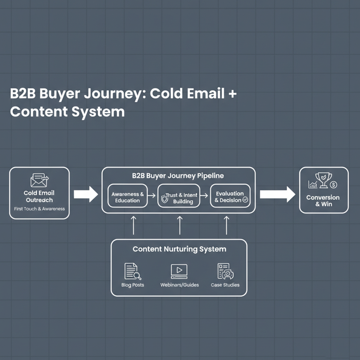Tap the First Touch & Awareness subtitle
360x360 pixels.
(x=39, y=209)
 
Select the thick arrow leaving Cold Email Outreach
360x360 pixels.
(x=86, y=194)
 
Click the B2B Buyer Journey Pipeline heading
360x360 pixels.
(x=178, y=176)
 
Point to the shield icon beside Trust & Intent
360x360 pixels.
(x=164, y=199)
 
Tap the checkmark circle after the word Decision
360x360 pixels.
(x=245, y=200)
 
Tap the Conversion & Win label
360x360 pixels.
(x=323, y=200)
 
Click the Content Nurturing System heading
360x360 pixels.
(x=179, y=249)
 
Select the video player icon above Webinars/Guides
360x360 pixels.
(x=179, y=271)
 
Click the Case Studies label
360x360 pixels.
(x=225, y=285)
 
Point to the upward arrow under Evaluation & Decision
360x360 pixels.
(x=227, y=225)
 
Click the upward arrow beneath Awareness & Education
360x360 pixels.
(x=133, y=225)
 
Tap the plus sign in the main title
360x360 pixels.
(x=232, y=94)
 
